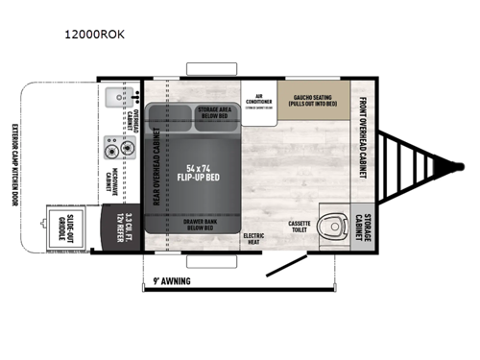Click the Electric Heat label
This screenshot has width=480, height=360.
254,237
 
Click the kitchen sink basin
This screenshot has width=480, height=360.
116,97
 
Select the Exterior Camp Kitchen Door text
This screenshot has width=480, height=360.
15,166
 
